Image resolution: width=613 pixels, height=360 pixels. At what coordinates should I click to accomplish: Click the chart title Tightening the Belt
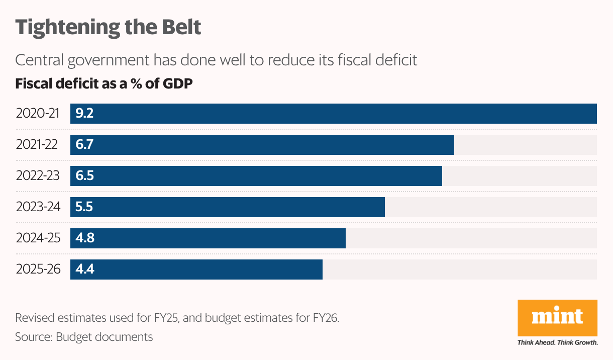(108, 27)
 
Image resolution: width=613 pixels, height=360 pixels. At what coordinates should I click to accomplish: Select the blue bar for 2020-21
(333, 114)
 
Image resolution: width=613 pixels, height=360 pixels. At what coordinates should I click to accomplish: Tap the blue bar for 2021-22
(262, 145)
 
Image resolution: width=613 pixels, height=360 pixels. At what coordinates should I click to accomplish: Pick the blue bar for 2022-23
(256, 176)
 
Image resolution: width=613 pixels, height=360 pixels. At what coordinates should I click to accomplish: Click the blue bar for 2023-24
(227, 207)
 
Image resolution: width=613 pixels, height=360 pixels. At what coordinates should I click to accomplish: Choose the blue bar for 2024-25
(208, 238)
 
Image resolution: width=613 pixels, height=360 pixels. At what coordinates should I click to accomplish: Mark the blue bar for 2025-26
(196, 269)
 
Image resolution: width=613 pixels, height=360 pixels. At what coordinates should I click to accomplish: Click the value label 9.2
(84, 114)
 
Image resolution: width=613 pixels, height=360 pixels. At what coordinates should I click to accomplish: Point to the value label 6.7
(84, 145)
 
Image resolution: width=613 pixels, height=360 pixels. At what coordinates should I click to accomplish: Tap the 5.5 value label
(84, 207)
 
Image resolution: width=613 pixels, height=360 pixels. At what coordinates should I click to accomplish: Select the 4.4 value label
(84, 269)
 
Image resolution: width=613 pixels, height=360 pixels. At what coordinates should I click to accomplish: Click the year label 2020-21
(38, 114)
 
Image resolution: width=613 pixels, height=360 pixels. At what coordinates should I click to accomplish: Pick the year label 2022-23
(38, 176)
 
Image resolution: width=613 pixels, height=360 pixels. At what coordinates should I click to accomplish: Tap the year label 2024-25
(38, 238)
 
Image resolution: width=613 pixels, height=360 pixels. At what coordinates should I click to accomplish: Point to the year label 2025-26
(38, 269)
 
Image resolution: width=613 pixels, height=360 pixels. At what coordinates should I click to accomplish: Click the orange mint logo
(557, 317)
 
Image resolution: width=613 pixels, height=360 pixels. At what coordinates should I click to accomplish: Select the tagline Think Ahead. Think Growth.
(557, 343)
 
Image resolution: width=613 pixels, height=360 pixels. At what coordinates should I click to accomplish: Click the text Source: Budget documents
(84, 337)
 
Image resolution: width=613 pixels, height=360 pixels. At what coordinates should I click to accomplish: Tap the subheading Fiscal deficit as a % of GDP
(104, 83)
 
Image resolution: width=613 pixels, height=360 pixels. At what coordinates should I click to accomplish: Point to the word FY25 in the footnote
(165, 318)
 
